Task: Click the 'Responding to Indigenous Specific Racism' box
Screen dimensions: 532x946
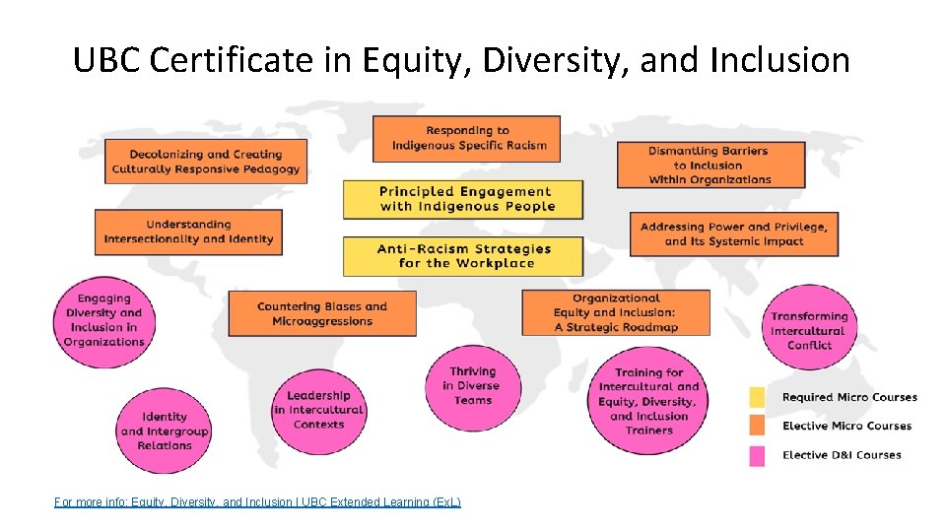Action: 466,139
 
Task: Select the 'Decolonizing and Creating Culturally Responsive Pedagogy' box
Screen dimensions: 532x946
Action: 206,162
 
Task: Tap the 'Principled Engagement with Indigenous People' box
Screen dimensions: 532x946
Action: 463,199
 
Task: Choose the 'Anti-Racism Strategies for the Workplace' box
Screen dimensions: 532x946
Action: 463,256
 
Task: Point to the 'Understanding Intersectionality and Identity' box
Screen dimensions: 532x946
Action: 188,233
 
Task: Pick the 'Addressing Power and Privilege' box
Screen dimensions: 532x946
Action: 734,234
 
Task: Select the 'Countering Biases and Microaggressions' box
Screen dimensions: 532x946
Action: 322,313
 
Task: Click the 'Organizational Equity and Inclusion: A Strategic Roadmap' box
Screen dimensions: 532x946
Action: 616,312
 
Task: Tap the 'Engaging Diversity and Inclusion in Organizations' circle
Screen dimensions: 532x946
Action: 103,321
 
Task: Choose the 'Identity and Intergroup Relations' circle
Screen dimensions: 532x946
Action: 165,432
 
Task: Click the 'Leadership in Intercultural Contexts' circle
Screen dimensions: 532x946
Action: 318,410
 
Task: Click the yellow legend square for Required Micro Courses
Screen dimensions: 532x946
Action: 757,397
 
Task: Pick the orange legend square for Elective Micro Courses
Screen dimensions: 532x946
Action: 757,427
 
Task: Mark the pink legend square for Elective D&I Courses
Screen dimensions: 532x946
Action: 757,455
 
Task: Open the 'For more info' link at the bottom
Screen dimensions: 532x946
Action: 257,502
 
